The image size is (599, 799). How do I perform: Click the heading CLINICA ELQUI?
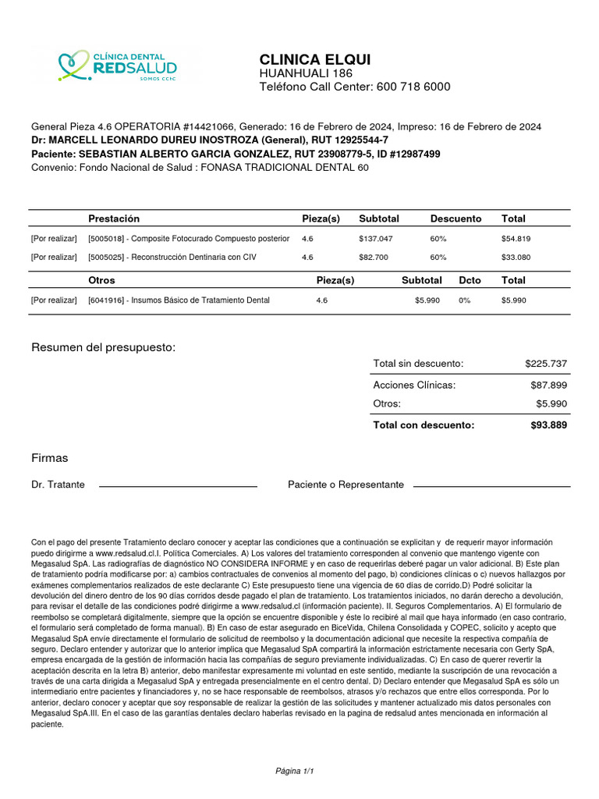click(x=315, y=60)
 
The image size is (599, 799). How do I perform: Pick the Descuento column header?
click(x=455, y=218)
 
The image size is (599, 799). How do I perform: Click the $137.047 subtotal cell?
click(x=376, y=239)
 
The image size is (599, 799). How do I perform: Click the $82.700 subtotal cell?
click(x=374, y=257)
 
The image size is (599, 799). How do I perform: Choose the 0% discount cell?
click(x=464, y=300)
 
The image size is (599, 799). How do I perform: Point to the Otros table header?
click(x=101, y=280)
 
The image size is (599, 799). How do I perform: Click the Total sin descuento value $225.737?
click(x=546, y=364)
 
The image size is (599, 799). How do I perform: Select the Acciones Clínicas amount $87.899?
click(x=548, y=385)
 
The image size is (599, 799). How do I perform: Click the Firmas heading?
click(x=49, y=458)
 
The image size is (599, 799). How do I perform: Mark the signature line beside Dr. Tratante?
click(x=178, y=486)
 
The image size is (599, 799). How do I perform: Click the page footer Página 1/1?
click(x=294, y=771)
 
